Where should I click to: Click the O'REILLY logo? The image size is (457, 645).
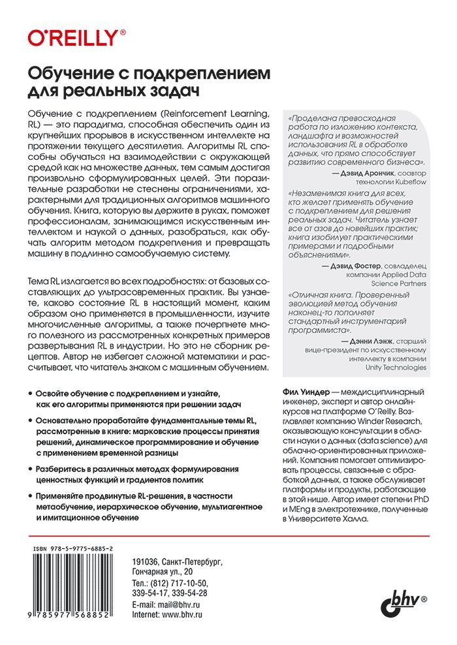[76, 38]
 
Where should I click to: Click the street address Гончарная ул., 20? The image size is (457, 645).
[158, 571]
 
